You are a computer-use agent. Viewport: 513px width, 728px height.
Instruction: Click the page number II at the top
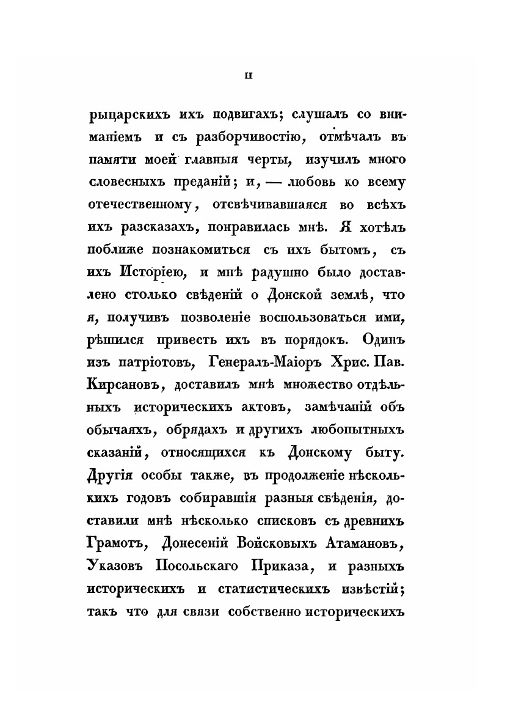pyautogui.click(x=249, y=76)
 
